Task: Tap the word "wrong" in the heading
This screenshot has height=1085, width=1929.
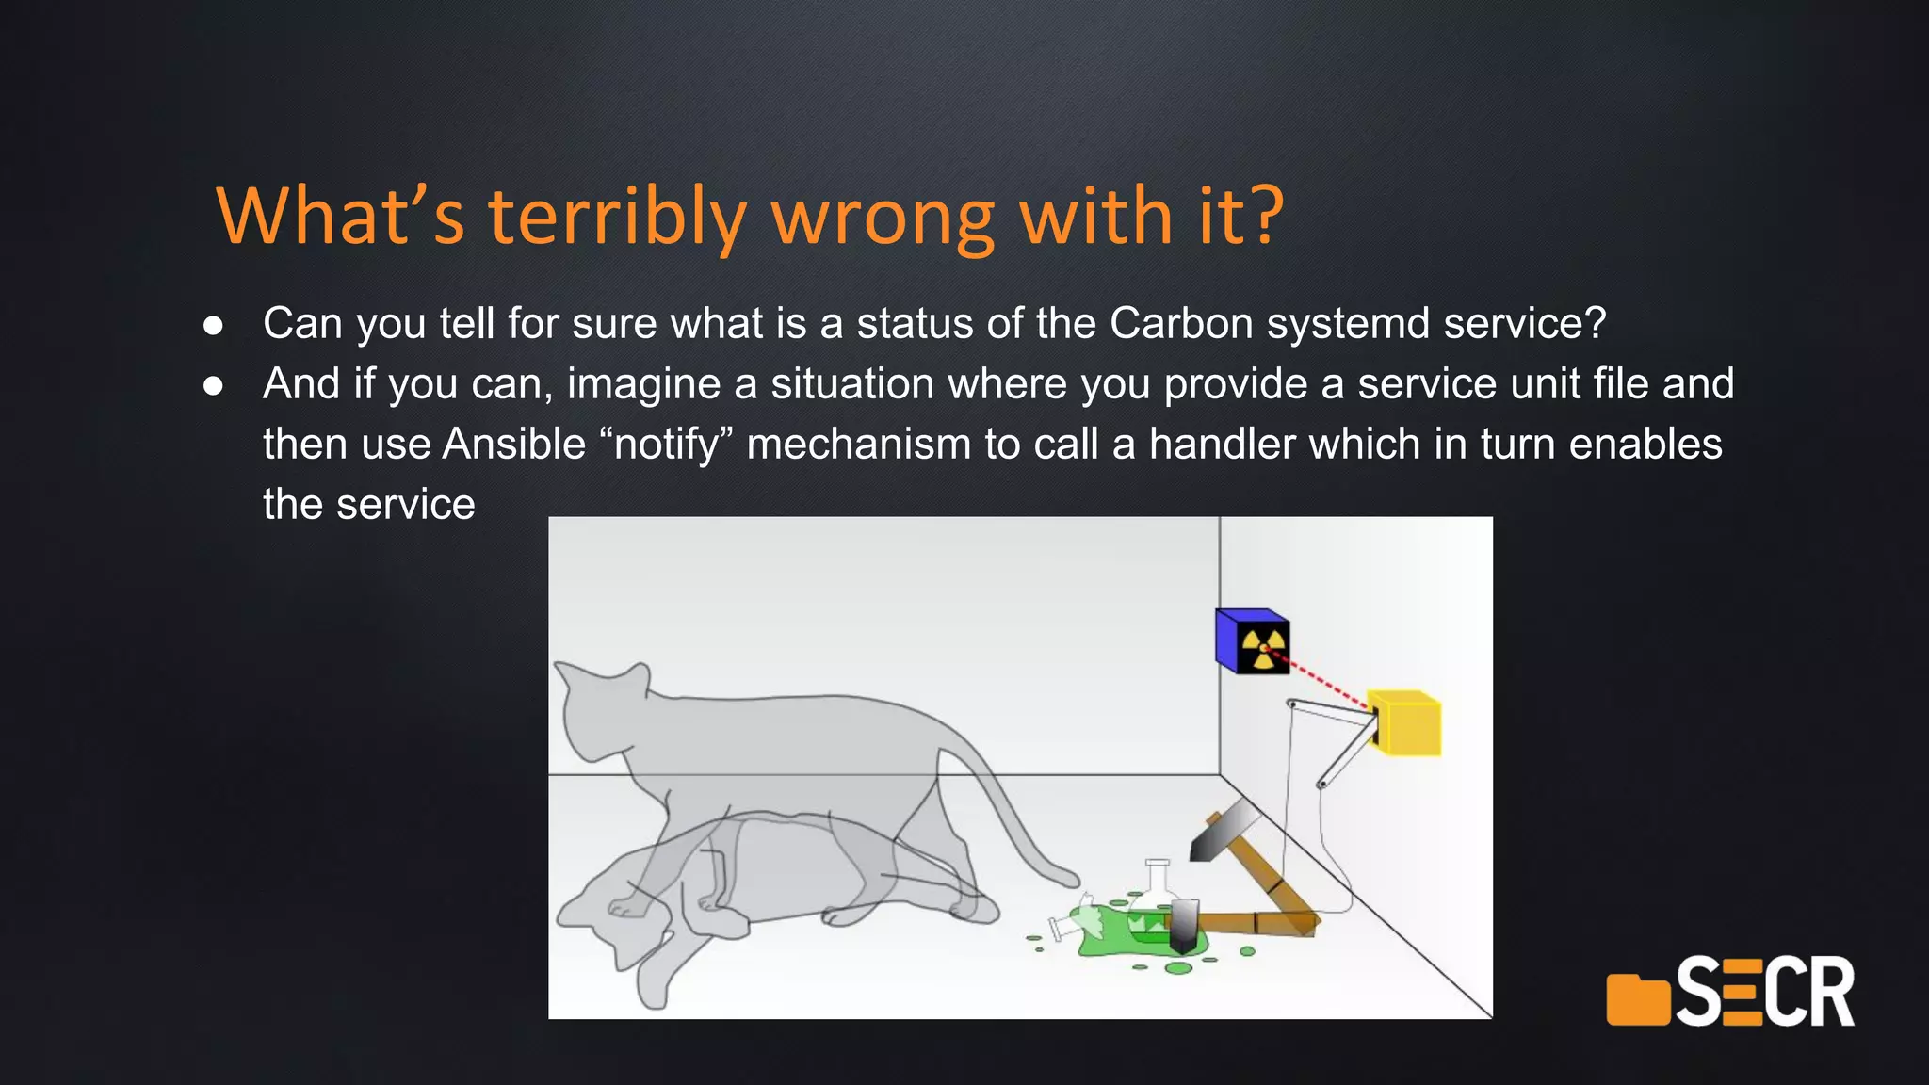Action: (x=883, y=219)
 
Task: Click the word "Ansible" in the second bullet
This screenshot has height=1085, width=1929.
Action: (x=514, y=445)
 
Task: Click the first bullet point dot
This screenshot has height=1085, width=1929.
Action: (x=214, y=326)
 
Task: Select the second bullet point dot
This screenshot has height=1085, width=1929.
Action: (x=214, y=386)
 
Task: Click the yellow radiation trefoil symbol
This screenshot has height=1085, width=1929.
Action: (x=1263, y=648)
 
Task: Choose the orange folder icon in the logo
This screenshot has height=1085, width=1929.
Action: (x=1637, y=998)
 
